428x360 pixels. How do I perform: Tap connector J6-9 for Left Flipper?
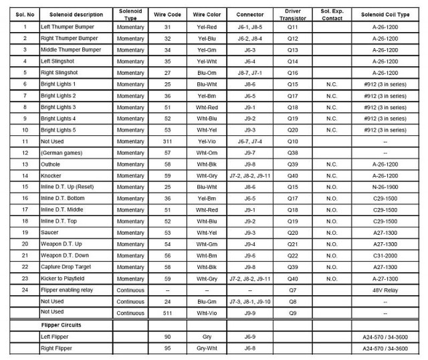tap(250, 336)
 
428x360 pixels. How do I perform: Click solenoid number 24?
tap(24, 290)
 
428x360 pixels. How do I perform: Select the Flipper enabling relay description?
tap(67, 290)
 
